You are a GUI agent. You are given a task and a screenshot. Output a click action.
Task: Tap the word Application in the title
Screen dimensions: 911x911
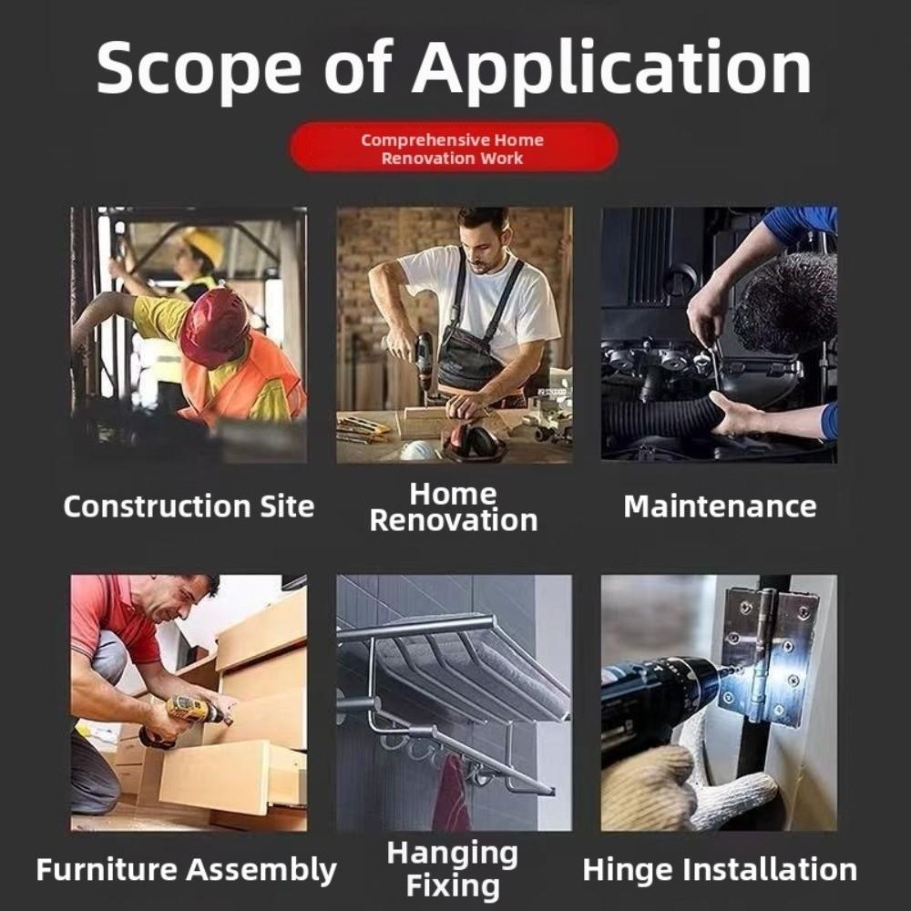612,70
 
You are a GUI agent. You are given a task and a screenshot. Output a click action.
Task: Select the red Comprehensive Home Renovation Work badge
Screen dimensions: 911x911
454,147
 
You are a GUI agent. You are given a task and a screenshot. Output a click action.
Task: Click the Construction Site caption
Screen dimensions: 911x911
189,506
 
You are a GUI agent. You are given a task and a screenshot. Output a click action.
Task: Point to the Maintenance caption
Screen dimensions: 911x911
720,506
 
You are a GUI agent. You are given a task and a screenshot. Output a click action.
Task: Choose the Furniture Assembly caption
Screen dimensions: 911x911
187,870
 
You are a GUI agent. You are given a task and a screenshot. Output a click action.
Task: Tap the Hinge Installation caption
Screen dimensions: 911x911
720,870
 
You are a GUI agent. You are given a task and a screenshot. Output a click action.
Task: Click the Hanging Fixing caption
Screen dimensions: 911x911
453,870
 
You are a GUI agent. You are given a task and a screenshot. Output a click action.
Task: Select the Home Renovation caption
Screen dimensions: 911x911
453,507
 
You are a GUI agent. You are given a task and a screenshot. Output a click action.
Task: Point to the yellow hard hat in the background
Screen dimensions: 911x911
203,244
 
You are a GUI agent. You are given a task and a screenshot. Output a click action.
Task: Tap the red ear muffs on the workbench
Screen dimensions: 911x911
472,442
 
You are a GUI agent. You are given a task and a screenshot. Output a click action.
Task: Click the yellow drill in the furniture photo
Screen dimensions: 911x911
191,713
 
